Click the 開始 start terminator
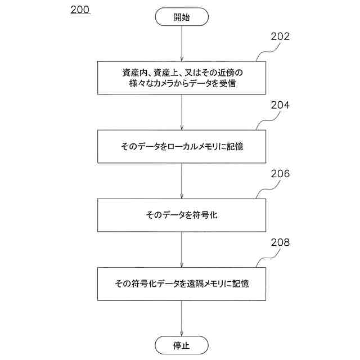pyautogui.click(x=182, y=17)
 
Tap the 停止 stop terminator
pyautogui.click(x=182, y=345)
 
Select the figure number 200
pyautogui.click(x=80, y=10)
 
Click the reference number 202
pyautogui.click(x=280, y=37)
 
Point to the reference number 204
pyautogui.click(x=280, y=105)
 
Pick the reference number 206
pyautogui.click(x=280, y=174)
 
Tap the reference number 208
pyautogui.click(x=280, y=243)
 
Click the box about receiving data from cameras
pyautogui.click(x=182, y=78)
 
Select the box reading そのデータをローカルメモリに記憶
pyautogui.click(x=182, y=146)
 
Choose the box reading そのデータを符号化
pyautogui.click(x=182, y=215)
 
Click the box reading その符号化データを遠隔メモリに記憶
pyautogui.click(x=182, y=283)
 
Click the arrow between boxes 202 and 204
pyautogui.click(x=182, y=112)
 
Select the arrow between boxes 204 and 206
pyautogui.click(x=182, y=181)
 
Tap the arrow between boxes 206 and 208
pyautogui.click(x=182, y=250)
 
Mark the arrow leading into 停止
pyautogui.click(x=182, y=318)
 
